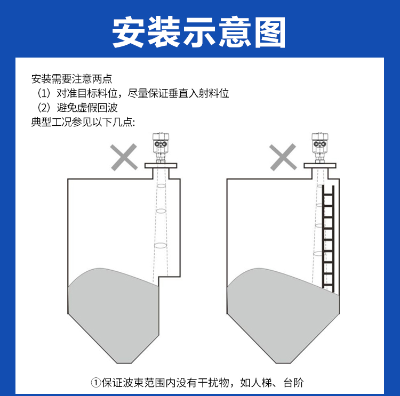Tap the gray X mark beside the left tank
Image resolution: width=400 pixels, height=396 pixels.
[x=123, y=157]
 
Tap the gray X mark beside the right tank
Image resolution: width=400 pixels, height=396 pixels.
[x=283, y=157]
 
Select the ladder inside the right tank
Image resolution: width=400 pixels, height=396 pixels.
[x=329, y=237]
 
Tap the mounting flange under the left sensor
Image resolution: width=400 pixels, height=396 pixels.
[x=160, y=166]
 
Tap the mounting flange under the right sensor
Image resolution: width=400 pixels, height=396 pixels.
[x=320, y=166]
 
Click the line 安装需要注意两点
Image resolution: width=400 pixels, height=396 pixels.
[x=72, y=79]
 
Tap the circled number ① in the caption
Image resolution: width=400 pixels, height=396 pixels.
[x=95, y=383]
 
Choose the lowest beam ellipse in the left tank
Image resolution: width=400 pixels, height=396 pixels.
[x=161, y=246]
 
